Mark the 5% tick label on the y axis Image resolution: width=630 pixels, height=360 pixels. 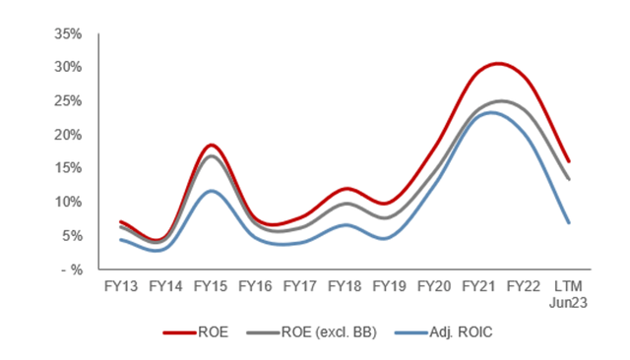coord(71,235)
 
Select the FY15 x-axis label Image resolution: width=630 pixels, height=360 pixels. coord(212,286)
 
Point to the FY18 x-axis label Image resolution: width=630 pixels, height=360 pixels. coord(346,286)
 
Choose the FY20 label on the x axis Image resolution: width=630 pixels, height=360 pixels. coord(434,286)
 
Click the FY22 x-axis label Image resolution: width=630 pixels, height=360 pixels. coord(524,286)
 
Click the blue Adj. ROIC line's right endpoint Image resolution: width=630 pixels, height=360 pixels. coord(569,222)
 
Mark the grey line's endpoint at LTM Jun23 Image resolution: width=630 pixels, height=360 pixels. coord(569,179)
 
